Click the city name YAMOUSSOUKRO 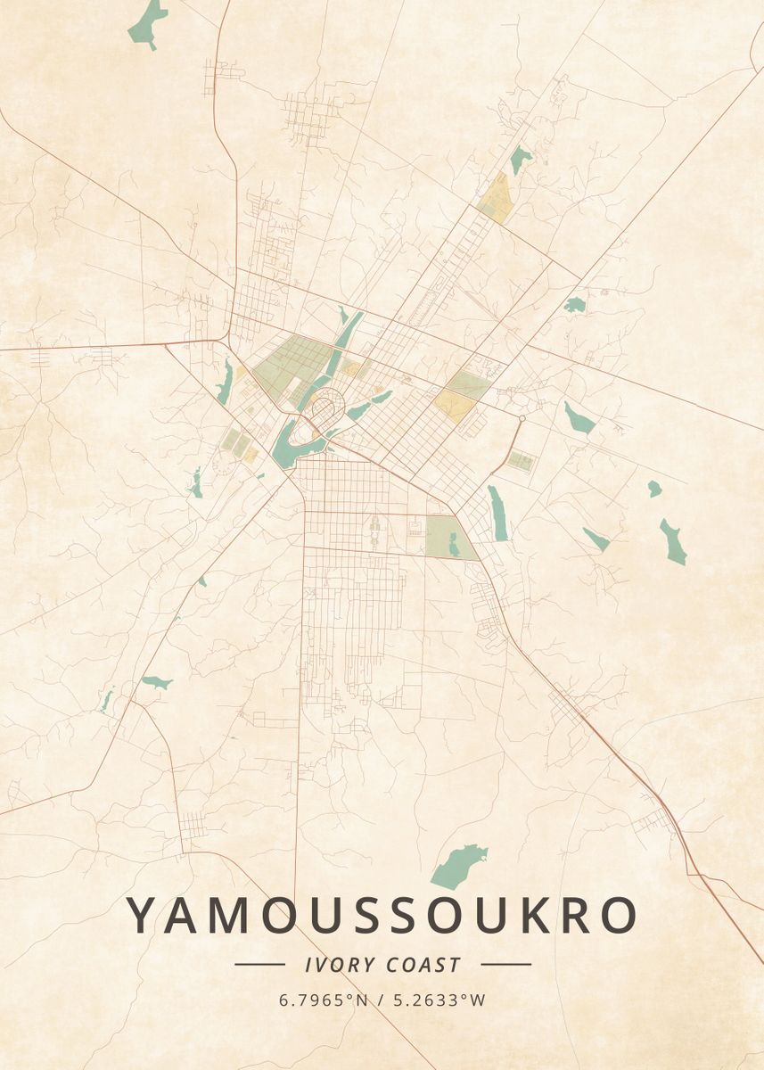382,915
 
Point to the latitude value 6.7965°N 323,1000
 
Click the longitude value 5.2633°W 440,1000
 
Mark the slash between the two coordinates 381,1000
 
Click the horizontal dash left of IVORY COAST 259,964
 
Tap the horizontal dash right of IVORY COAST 505,964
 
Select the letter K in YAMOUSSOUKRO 531,915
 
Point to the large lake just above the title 458,865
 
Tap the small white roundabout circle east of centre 521,417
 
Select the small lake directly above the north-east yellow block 520,160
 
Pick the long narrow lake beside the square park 497,514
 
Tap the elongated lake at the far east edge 672,541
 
